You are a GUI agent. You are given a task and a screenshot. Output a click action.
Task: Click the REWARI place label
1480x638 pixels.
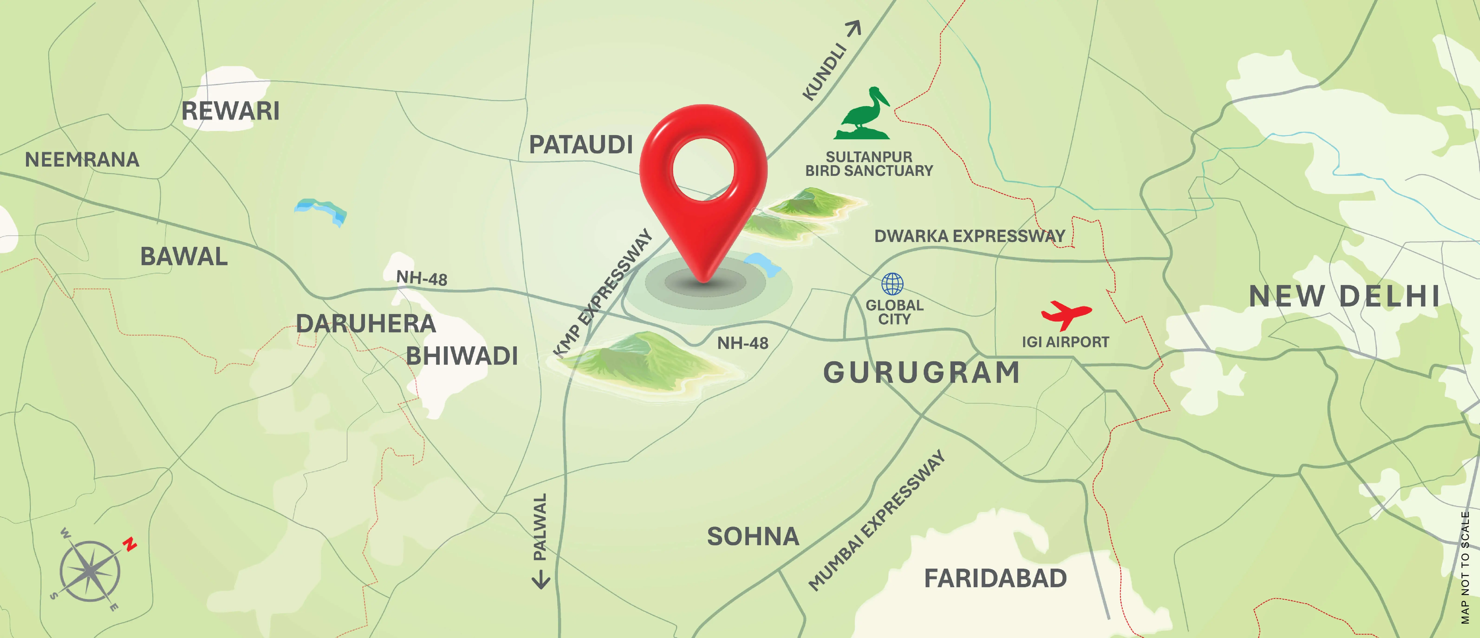coord(230,111)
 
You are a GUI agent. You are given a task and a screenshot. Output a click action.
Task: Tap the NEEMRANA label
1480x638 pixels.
coord(82,160)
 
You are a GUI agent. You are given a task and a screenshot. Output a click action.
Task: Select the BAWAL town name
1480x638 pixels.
coord(184,257)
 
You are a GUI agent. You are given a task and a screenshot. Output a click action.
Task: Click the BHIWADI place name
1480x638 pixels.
coord(462,356)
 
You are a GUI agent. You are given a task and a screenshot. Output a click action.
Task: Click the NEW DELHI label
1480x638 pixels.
coord(1344,296)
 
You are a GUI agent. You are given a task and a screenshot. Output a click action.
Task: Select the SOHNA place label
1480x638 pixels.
coord(753,536)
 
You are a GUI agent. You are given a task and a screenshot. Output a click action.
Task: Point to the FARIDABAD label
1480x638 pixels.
coord(995,578)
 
